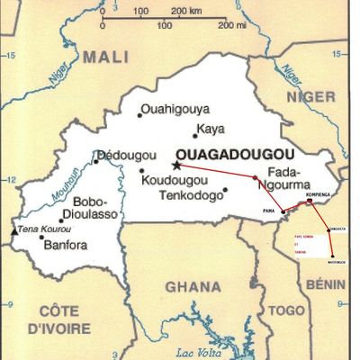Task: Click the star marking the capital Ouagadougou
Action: [177, 165]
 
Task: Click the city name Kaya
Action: [209, 130]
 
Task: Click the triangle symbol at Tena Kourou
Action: [13, 230]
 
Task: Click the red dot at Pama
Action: [283, 212]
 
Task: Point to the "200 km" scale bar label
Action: [188, 11]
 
